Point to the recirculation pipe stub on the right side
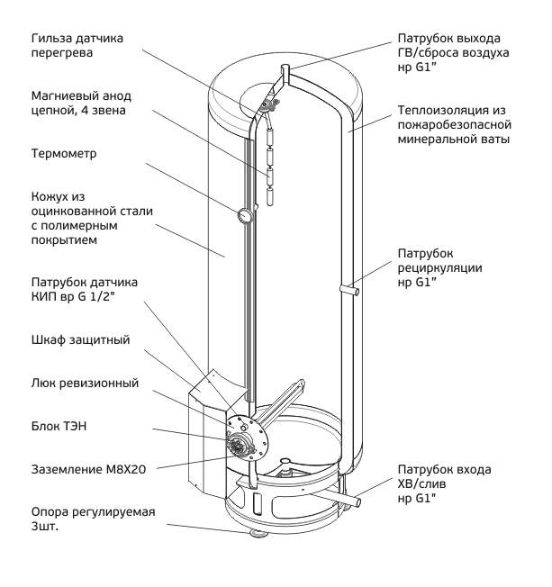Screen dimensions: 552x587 [x=349, y=289]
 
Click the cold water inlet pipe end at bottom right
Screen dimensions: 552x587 [x=357, y=501]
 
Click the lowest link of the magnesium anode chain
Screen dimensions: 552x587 [x=270, y=197]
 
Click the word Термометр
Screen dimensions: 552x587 [x=64, y=153]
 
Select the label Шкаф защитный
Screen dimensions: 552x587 [x=80, y=339]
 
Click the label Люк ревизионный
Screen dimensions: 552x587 [x=85, y=383]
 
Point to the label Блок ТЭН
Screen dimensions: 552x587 [x=59, y=426]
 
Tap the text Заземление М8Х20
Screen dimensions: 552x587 [x=89, y=469]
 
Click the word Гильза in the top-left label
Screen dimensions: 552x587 [x=51, y=38]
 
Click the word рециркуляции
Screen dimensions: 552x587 [x=439, y=268]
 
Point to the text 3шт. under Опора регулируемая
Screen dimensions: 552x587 [x=45, y=526]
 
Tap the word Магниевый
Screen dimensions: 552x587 [x=60, y=96]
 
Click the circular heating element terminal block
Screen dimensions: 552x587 [x=237, y=445]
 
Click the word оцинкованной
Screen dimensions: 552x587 [x=74, y=212]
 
